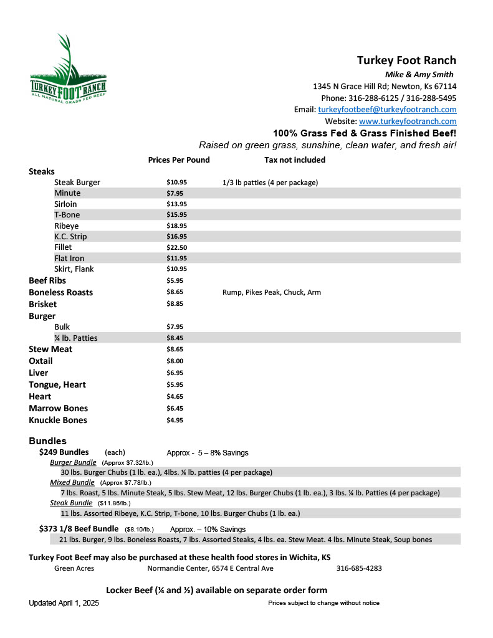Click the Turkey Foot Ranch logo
(x=68, y=75)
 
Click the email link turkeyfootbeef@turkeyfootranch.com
(x=387, y=109)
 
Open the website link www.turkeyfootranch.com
(x=408, y=121)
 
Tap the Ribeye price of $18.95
(x=176, y=226)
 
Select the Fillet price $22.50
(x=176, y=247)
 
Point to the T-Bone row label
(x=67, y=215)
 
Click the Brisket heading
(x=42, y=304)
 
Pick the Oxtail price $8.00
(x=175, y=361)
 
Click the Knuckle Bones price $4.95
(x=175, y=420)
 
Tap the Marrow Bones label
(x=58, y=408)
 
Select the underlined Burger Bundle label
(x=73, y=462)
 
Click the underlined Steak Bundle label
(x=71, y=503)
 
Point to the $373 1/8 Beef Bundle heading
(x=79, y=529)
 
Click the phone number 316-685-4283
(x=359, y=568)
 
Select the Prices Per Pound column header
(x=179, y=159)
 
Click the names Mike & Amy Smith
(x=420, y=75)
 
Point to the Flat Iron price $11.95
(x=176, y=258)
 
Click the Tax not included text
(x=294, y=159)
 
